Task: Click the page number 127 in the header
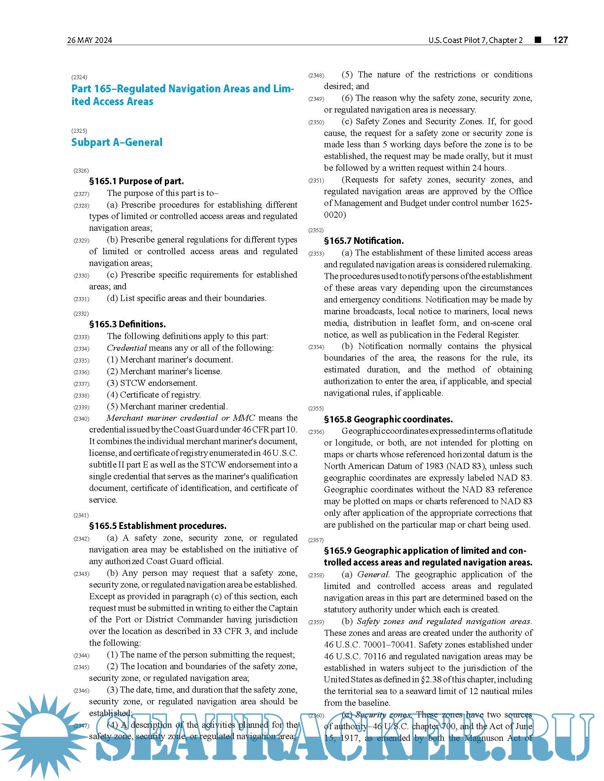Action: [560, 40]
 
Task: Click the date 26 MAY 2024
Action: [90, 40]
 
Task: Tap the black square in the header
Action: [538, 40]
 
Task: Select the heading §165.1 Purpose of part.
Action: [136, 181]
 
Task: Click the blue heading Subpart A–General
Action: [117, 142]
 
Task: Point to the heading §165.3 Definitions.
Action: [128, 324]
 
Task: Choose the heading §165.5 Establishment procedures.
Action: [157, 526]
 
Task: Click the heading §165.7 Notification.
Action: [363, 241]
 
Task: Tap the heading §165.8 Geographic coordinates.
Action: [388, 419]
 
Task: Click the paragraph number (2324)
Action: [79, 77]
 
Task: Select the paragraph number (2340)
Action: [81, 419]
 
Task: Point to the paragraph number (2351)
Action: [316, 181]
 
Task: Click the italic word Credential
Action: [127, 348]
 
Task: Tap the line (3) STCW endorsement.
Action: [152, 383]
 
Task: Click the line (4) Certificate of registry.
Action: [153, 395]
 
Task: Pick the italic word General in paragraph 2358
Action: [373, 575]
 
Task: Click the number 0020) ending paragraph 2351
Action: [335, 215]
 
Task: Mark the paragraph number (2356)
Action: [316, 432]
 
